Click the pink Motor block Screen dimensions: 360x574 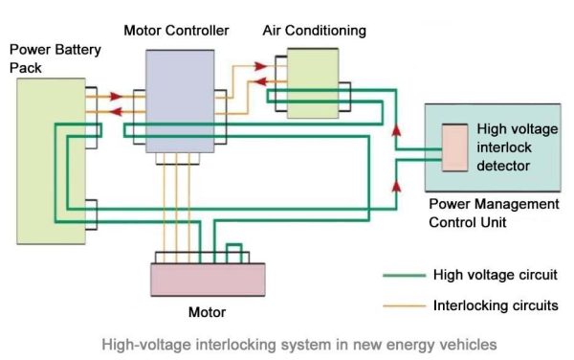pyautogui.click(x=208, y=281)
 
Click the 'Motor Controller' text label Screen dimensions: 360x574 pyautogui.click(x=176, y=31)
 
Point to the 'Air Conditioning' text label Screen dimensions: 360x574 pyautogui.click(x=315, y=31)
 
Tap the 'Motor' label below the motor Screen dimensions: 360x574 pyautogui.click(x=209, y=313)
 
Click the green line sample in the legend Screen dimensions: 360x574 pyautogui.click(x=402, y=276)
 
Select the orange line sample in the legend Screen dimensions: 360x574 pyautogui.click(x=402, y=306)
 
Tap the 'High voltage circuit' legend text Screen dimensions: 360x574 pyautogui.click(x=493, y=276)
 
